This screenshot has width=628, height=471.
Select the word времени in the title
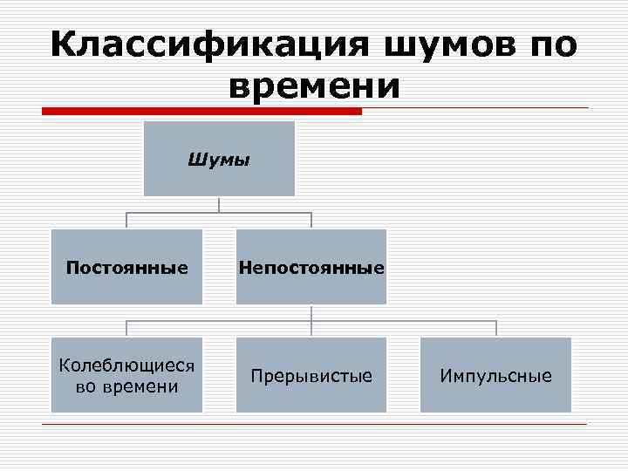[313, 85]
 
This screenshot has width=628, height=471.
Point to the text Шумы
[219, 160]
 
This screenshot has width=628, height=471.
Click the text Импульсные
[495, 376]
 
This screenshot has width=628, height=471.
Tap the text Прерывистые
[311, 376]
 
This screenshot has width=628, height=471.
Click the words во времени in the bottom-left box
[126, 386]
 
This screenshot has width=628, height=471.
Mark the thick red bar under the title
[201, 112]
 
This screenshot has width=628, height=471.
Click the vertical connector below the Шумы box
[219, 203]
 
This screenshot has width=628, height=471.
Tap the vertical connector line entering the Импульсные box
[496, 329]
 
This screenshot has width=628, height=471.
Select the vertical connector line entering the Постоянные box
[127, 221]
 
